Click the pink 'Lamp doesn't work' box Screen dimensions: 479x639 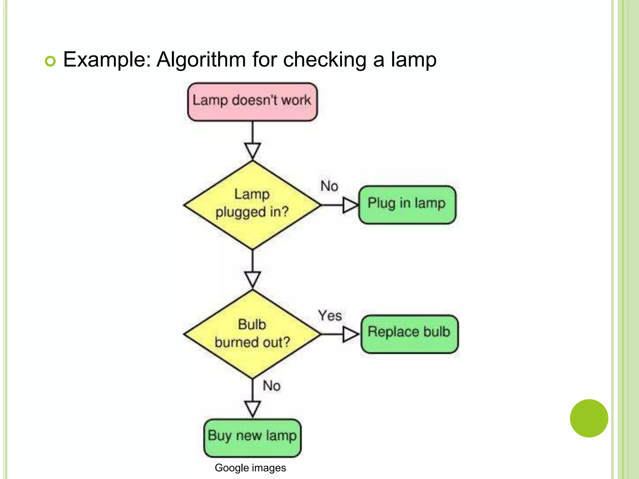[252, 102]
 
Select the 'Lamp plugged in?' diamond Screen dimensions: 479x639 [252, 205]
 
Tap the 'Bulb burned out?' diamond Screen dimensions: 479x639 [252, 334]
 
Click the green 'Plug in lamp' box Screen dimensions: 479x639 [407, 205]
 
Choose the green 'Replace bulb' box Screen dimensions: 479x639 [409, 334]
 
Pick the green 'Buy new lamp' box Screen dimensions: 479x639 [252, 438]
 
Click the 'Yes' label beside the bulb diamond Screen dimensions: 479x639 [330, 316]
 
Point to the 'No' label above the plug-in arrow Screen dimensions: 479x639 [329, 186]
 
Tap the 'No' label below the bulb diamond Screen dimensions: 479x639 [271, 386]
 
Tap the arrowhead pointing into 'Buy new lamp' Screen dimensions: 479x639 [252, 409]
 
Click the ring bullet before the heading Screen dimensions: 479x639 [50, 61]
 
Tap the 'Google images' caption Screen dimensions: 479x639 [250, 468]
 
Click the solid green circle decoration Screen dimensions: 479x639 [589, 418]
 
